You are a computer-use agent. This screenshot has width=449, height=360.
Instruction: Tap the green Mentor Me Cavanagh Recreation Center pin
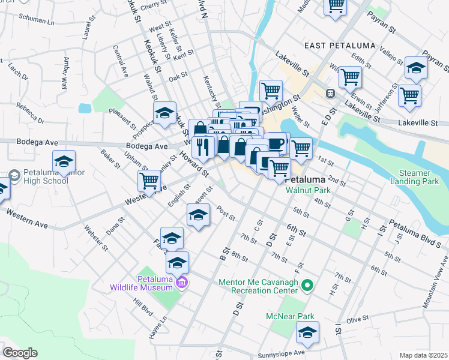[x=308, y=285]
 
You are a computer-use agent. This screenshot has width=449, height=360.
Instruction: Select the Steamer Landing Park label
[x=418, y=176]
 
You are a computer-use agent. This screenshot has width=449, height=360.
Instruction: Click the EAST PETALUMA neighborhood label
[x=340, y=46]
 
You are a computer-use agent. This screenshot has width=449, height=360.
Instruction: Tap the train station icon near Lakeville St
[x=330, y=94]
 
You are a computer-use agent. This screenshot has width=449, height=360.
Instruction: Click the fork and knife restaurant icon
[x=203, y=146]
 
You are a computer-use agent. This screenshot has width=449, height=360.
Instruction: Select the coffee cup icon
[x=277, y=144]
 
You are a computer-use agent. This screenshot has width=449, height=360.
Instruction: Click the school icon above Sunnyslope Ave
[x=307, y=332]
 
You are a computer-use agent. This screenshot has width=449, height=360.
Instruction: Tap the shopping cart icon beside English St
[x=148, y=180]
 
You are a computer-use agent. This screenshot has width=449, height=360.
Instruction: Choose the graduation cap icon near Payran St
[x=415, y=68]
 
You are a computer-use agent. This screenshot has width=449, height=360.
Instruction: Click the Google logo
[x=20, y=353]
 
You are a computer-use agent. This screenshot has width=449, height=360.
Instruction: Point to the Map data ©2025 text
[x=423, y=355]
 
